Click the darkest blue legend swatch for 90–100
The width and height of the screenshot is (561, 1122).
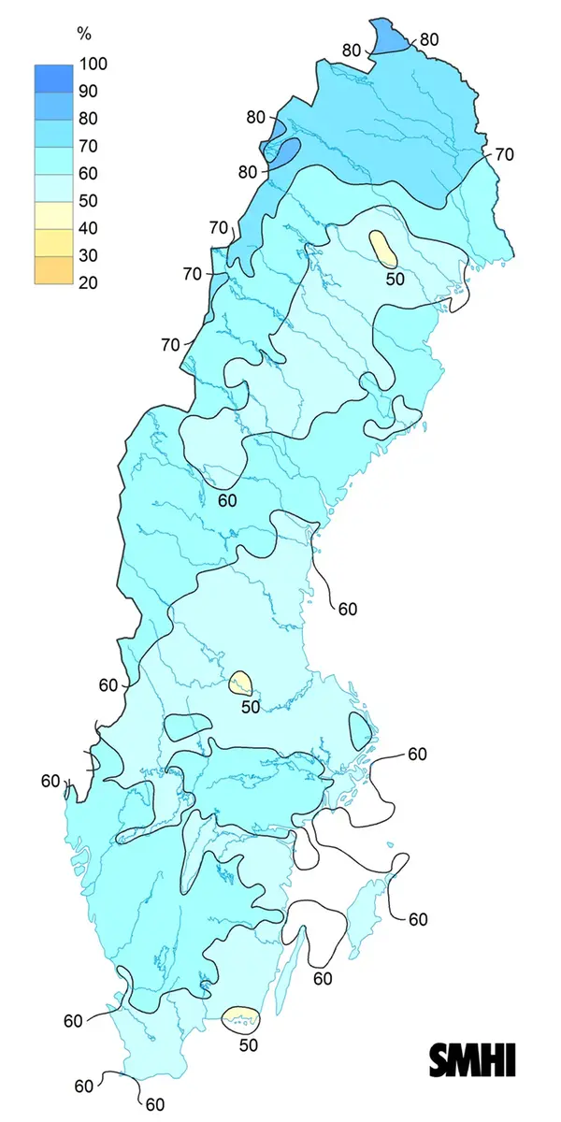(x=54, y=78)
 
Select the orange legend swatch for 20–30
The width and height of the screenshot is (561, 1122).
(x=54, y=269)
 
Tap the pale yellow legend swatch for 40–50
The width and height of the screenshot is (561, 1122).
(x=54, y=214)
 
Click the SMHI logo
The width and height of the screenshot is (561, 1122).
(x=472, y=1060)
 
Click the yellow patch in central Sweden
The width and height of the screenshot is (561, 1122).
(x=242, y=683)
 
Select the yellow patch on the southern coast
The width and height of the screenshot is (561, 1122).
(x=241, y=1015)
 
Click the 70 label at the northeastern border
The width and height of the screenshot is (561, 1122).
(x=505, y=154)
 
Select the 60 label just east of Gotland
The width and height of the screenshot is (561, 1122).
(x=418, y=919)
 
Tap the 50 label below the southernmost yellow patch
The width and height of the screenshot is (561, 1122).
(x=247, y=1045)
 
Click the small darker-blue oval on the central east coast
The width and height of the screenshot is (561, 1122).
(x=360, y=728)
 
